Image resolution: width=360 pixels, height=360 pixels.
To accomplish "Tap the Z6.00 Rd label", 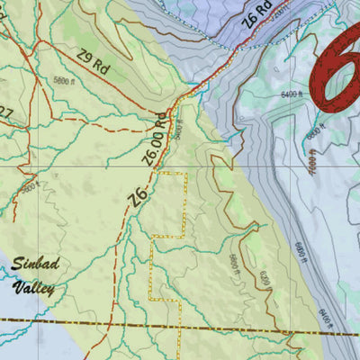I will coord(154,139).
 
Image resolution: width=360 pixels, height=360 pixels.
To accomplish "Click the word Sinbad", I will coord(34,266).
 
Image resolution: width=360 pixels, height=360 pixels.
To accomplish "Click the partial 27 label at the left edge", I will coord(5,112).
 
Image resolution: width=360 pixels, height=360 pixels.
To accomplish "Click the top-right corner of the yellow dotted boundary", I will coord(186,172).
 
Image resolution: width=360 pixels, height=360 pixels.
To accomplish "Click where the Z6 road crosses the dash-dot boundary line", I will coord(112,320).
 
